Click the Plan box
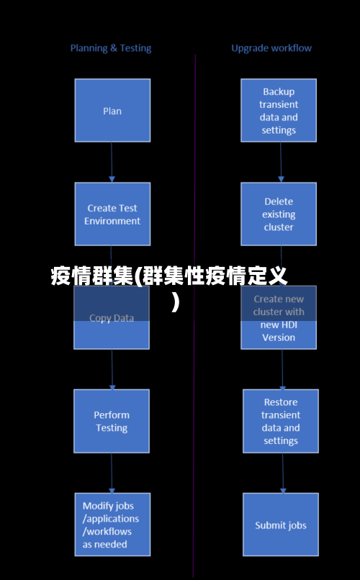coord(112,110)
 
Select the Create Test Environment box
coord(112,214)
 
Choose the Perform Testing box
coord(112,421)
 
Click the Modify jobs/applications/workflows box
coord(112,524)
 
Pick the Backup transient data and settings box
coord(279,110)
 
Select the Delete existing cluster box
coord(279,214)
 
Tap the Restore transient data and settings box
coord(280,421)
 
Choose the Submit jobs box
coord(280,525)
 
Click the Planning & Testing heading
coord(111,48)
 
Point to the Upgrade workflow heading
coord(271,48)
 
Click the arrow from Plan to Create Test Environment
coord(112,161)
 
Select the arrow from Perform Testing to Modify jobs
coord(112,472)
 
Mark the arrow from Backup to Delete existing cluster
coord(280,161)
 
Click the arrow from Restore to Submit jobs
coord(282,472)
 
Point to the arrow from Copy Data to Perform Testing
coord(112,368)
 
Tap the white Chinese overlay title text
coord(169,276)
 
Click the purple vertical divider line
coord(194,432)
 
